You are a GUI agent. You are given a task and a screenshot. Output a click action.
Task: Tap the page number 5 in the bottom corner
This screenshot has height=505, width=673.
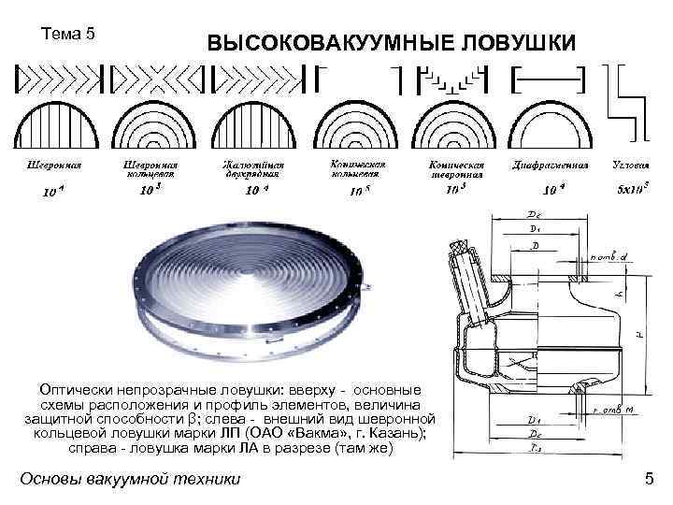point(649,480)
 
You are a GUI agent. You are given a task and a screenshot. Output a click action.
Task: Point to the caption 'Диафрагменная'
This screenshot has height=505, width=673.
point(550,165)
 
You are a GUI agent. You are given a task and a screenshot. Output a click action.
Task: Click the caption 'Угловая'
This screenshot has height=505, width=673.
point(631,165)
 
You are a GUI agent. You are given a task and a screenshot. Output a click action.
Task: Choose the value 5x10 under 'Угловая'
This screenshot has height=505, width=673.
point(633,189)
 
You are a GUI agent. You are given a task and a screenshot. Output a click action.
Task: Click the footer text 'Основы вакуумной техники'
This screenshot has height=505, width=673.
point(130,480)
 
